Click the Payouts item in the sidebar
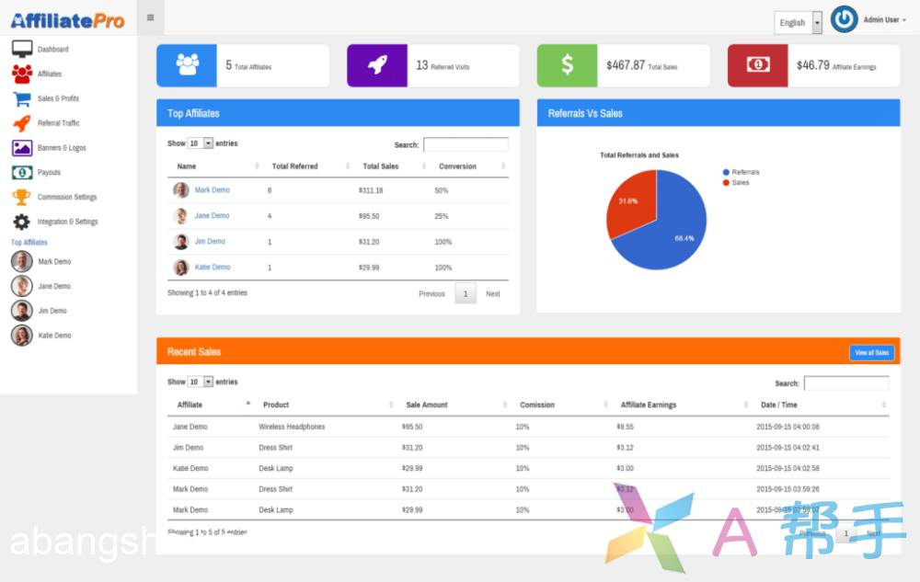coord(49,173)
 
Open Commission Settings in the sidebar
coord(66,198)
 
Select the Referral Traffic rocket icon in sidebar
coord(22,123)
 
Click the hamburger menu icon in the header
coord(150,17)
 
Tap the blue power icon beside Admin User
coord(844,19)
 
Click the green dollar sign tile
coord(567,65)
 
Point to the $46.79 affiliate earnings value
coord(812,65)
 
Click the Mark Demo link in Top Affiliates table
coord(213,190)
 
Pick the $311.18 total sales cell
coord(371,190)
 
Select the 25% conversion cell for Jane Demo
coord(442,216)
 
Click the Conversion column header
coord(457,166)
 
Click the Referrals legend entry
coord(744,172)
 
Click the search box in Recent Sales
coord(846,383)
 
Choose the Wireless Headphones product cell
coord(292,427)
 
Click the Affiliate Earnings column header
coord(649,405)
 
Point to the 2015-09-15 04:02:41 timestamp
coord(788,448)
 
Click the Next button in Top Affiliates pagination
coord(493,294)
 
